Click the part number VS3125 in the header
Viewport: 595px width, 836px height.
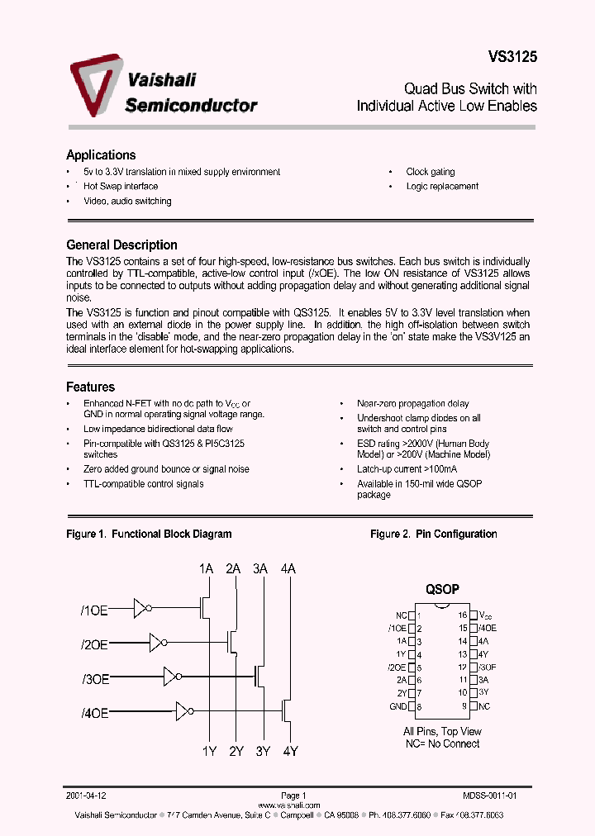click(x=512, y=58)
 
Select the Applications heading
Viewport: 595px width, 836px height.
click(x=101, y=155)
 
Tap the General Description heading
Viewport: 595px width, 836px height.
click(x=121, y=245)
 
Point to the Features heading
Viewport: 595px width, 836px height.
click(x=90, y=387)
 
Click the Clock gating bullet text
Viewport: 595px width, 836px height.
click(x=430, y=172)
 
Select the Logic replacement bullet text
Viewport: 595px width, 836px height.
click(x=442, y=187)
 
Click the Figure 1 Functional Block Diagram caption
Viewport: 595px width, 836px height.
click(x=149, y=534)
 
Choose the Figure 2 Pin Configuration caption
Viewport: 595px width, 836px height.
click(x=433, y=534)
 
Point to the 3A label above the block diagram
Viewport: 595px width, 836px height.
click(x=260, y=568)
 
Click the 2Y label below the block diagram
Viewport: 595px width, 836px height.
click(x=236, y=751)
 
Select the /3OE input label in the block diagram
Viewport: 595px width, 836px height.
click(x=95, y=678)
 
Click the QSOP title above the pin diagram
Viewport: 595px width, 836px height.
click(x=442, y=590)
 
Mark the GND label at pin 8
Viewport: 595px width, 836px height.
click(x=397, y=706)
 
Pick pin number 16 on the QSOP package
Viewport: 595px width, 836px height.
click(x=464, y=615)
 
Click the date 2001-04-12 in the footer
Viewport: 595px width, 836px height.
click(x=87, y=796)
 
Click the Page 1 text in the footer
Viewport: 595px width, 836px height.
click(x=293, y=796)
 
